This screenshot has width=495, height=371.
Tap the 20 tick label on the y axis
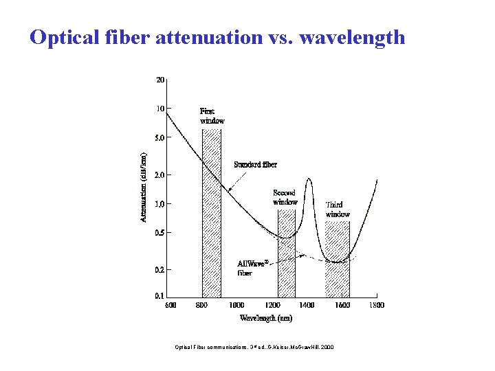[159, 80]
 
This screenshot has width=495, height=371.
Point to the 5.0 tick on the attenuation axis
[159, 137]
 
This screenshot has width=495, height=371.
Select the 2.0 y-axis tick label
[159, 175]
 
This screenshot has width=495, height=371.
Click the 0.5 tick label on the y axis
[159, 233]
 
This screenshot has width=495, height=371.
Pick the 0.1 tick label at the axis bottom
[159, 296]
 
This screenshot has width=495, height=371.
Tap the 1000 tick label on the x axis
[236, 305]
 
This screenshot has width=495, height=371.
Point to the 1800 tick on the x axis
[375, 305]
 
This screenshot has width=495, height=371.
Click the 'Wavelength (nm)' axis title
[266, 318]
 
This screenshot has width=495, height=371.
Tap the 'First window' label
[212, 115]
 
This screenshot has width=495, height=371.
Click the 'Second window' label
[285, 197]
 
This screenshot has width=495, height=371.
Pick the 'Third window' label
[338, 209]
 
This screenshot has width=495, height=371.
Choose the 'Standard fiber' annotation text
[256, 164]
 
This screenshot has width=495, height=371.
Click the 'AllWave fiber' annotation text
[252, 268]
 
